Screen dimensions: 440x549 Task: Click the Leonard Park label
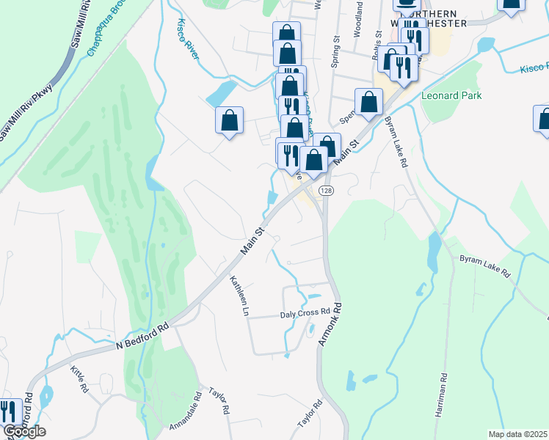450,96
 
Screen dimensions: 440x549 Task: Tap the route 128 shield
324,191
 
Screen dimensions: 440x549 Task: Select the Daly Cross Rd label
305,315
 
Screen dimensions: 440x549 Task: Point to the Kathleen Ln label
239,296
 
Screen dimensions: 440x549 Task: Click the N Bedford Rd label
142,334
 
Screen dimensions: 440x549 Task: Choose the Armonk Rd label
330,324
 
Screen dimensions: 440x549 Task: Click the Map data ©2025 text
518,434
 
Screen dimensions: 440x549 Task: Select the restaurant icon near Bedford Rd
8,411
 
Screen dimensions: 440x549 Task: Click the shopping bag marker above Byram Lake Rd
368,102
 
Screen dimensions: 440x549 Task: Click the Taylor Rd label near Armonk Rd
310,414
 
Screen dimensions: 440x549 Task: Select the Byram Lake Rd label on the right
485,265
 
